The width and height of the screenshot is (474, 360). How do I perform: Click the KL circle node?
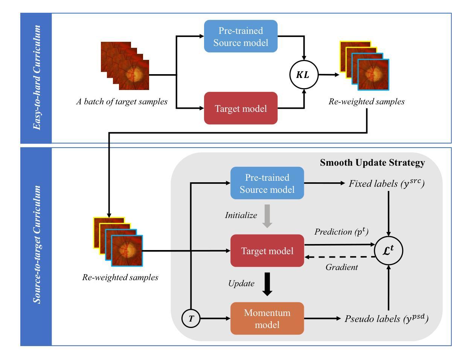(x=303, y=75)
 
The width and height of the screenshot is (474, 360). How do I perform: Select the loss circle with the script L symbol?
(x=389, y=250)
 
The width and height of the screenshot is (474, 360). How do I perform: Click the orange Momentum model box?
(x=267, y=318)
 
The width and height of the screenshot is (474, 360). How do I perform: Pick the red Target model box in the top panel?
(x=241, y=108)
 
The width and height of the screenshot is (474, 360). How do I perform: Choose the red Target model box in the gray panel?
(x=267, y=250)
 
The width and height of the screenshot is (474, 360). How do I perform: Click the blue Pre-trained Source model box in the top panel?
(x=241, y=36)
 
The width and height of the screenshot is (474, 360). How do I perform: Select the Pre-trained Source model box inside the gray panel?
(x=267, y=183)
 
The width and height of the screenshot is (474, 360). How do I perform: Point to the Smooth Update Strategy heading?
(x=372, y=163)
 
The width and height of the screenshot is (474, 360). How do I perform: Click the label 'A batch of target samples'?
(x=122, y=102)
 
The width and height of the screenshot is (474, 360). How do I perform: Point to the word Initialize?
(x=241, y=216)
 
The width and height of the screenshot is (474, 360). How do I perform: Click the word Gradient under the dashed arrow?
(x=341, y=267)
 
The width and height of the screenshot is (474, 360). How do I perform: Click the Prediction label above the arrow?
(x=341, y=232)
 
